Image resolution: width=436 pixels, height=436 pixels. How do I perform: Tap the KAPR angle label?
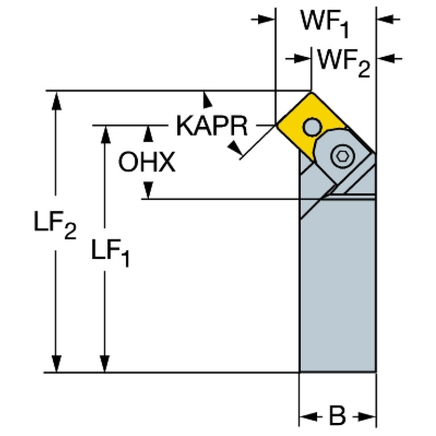pos(211,126)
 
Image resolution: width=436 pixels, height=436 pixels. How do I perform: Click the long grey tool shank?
pos(337,284)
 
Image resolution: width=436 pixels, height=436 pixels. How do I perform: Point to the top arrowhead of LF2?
pos(56,99)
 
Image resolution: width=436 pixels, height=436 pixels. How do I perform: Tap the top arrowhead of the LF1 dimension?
pos(105,134)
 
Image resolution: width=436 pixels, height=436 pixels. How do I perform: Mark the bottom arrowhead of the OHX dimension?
pos(148,190)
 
